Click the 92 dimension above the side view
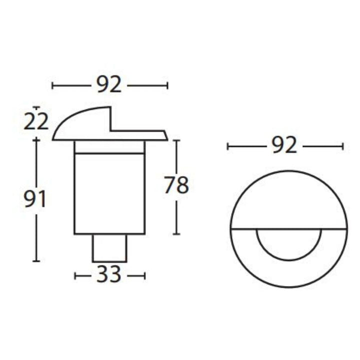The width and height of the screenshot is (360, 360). [109, 85]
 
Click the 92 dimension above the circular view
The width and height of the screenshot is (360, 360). [284, 145]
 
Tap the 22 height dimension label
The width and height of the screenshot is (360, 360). [36, 121]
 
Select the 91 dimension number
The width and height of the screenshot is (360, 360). [35, 200]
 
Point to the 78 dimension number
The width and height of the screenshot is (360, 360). [176, 186]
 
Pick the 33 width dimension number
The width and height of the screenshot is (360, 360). [109, 275]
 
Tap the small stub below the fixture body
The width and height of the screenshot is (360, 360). [109, 247]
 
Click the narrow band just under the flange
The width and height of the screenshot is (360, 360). [109, 147]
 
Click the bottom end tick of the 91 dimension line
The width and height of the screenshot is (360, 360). [36, 260]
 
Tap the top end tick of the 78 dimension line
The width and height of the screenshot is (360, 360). [176, 140]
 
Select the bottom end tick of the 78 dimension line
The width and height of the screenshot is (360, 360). [176, 234]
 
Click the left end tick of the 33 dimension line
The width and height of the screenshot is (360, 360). [75, 275]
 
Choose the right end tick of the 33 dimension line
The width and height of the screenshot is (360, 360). [144, 275]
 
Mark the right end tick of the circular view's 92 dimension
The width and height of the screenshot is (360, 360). [342, 146]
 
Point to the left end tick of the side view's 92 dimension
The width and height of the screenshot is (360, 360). [52, 85]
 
